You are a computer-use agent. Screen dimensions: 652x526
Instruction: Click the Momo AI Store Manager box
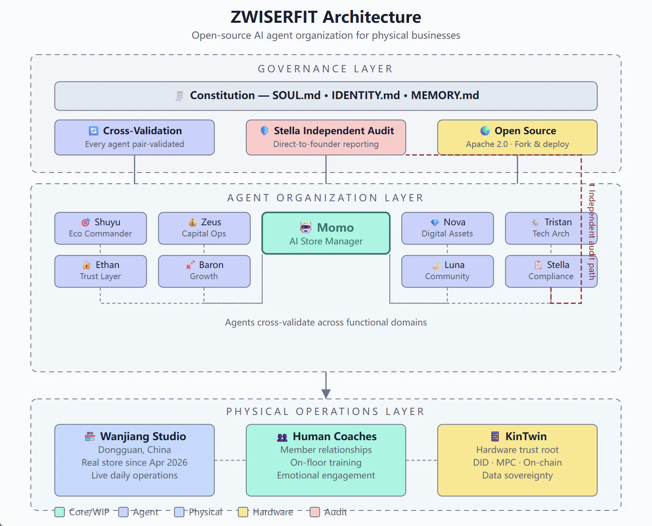click(326, 233)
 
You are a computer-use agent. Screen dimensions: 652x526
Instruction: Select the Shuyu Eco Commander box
click(101, 228)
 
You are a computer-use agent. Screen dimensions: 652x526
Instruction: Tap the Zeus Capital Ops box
click(204, 228)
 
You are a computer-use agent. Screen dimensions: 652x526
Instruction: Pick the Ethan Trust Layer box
click(101, 271)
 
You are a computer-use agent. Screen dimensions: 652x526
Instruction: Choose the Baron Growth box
click(204, 271)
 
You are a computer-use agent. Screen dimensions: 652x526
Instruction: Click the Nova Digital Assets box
click(447, 228)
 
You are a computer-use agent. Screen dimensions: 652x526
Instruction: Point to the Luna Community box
click(447, 271)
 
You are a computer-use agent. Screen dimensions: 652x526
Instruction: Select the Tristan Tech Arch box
click(551, 228)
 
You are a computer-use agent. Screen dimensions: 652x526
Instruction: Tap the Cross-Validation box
click(134, 137)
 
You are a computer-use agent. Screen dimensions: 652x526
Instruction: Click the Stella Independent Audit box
click(326, 137)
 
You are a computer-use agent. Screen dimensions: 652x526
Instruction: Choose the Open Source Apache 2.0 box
click(517, 137)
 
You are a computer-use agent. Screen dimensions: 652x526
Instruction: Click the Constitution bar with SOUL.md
click(326, 96)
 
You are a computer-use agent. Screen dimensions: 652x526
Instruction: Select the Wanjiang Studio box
click(134, 460)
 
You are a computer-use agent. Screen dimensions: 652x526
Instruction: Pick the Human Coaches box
click(326, 460)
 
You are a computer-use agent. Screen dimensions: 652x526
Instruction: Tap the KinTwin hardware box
click(517, 460)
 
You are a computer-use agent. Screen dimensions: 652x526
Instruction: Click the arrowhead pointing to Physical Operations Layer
click(326, 394)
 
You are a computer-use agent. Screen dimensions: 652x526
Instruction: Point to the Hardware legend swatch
click(243, 512)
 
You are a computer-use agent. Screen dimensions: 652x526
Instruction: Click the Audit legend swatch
click(315, 512)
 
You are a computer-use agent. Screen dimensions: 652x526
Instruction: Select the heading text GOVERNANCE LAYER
click(325, 69)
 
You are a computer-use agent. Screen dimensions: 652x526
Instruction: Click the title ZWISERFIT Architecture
click(326, 17)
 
